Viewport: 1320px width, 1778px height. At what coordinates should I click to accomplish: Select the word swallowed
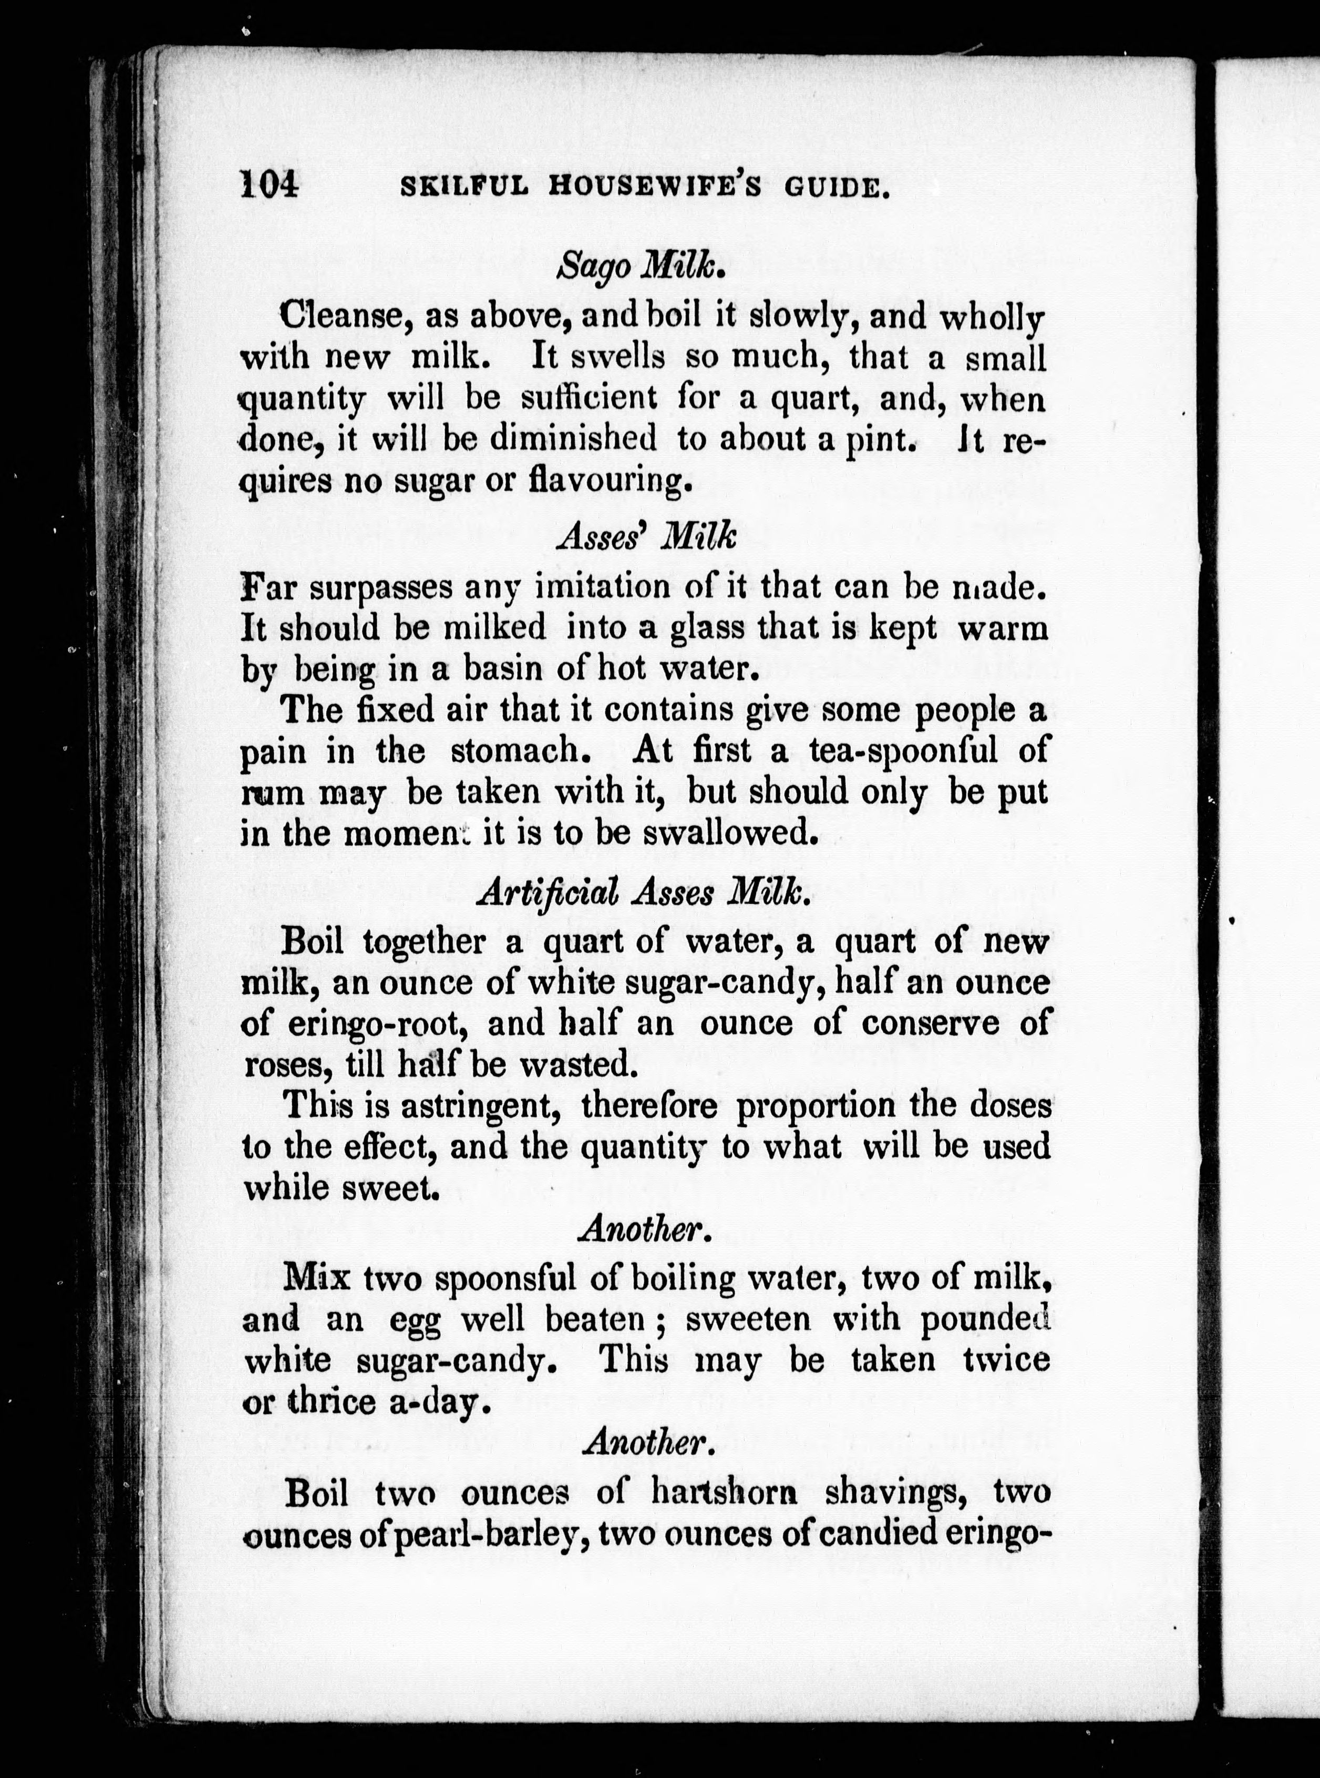(719, 833)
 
